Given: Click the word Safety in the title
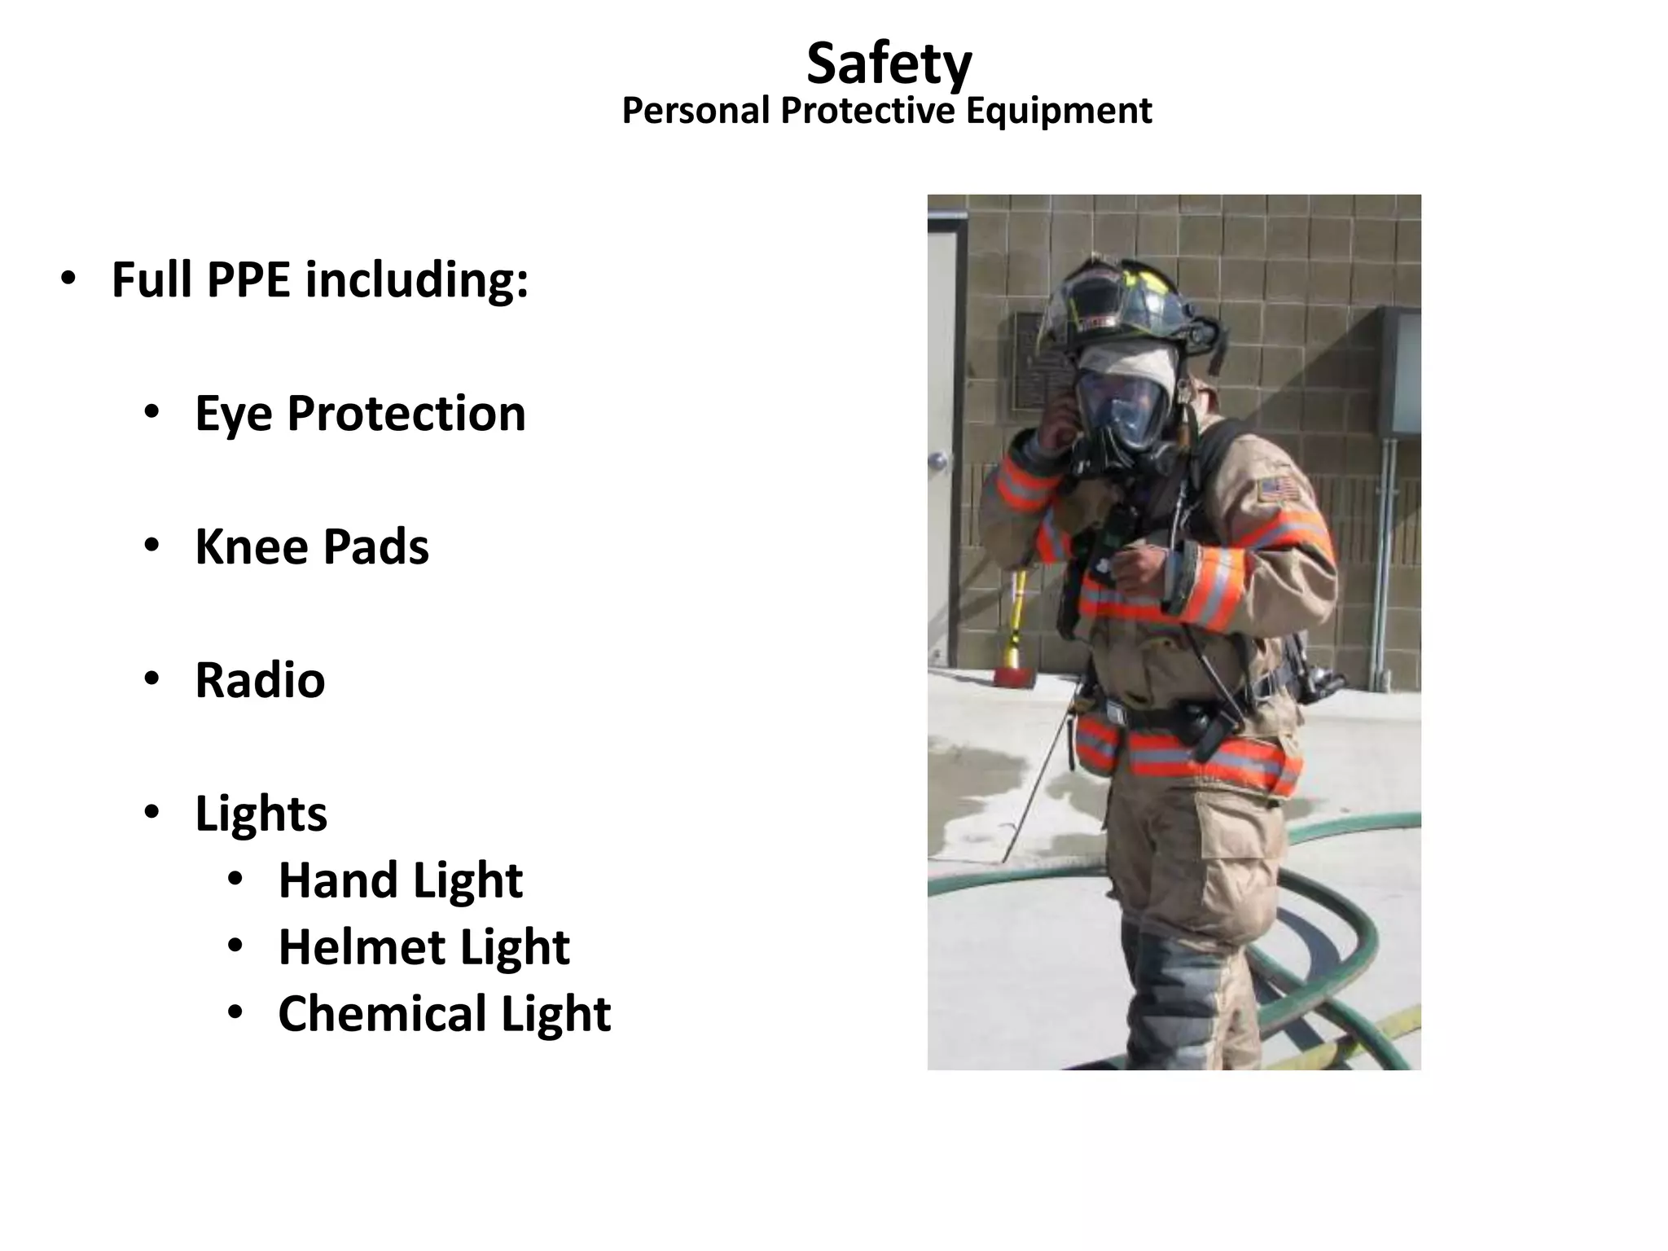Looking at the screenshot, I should [x=889, y=64].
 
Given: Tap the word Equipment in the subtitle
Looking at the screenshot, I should [x=1059, y=111].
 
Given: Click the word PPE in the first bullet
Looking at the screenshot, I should [x=248, y=280].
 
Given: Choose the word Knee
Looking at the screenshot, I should [x=253, y=546].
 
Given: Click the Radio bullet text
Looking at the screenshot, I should [x=260, y=680].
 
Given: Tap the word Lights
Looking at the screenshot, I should [x=261, y=814].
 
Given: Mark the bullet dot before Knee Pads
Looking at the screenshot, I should [x=151, y=546].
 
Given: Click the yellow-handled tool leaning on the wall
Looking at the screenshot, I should [x=1014, y=627].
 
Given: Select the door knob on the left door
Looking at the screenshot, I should [x=938, y=461].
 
